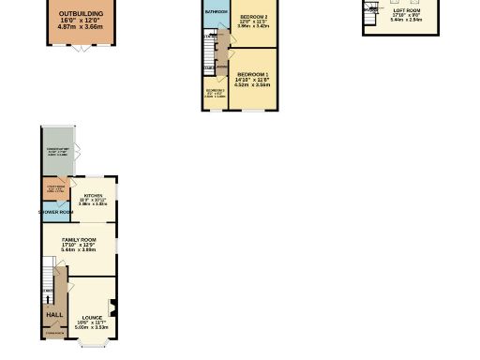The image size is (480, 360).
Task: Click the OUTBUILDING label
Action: click(x=82, y=14)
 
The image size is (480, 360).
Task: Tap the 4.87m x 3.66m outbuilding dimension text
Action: click(x=82, y=27)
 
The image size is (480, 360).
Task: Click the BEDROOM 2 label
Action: click(x=253, y=17)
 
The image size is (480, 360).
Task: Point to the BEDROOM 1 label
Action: click(x=252, y=74)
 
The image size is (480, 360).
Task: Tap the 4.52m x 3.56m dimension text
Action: click(x=252, y=84)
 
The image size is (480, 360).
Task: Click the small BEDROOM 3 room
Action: click(x=216, y=94)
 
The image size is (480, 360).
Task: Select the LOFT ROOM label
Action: click(x=407, y=10)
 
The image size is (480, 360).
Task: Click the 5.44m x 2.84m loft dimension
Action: click(x=407, y=19)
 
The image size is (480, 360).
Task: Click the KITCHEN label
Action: click(x=92, y=194)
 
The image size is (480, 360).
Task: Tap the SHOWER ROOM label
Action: click(x=56, y=212)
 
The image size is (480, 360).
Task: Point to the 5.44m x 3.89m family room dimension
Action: click(x=79, y=250)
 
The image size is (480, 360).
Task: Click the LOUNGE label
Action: click(x=92, y=317)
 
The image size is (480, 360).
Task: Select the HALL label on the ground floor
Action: click(x=55, y=314)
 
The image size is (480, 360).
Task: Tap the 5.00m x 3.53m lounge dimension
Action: click(x=92, y=327)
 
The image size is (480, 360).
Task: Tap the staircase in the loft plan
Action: click(x=373, y=8)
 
